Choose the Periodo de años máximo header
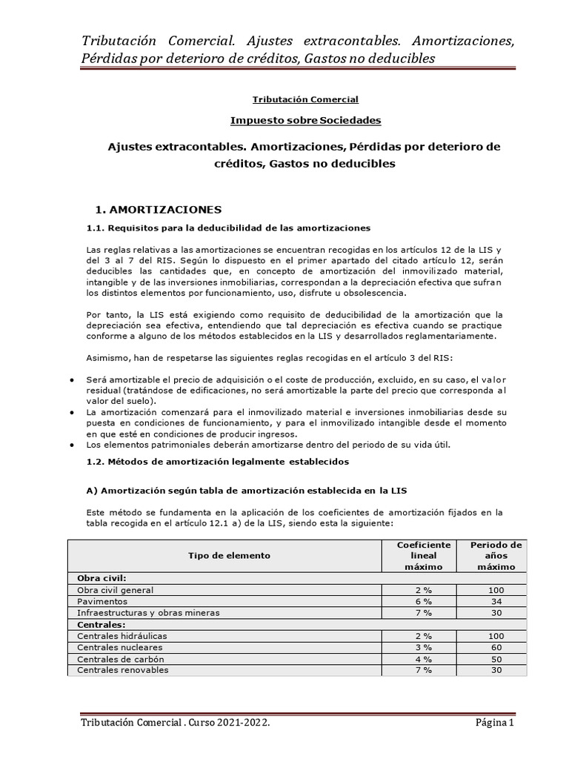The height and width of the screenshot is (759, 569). click(x=496, y=555)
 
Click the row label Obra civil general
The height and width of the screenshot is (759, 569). click(x=116, y=590)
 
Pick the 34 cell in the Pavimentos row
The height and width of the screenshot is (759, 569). click(x=496, y=601)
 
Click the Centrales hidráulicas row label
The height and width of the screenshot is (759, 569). click(x=122, y=636)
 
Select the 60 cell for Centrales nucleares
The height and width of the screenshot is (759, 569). click(x=496, y=647)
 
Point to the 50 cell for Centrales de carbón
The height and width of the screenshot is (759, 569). click(x=496, y=659)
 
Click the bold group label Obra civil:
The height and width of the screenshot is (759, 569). click(x=102, y=578)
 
